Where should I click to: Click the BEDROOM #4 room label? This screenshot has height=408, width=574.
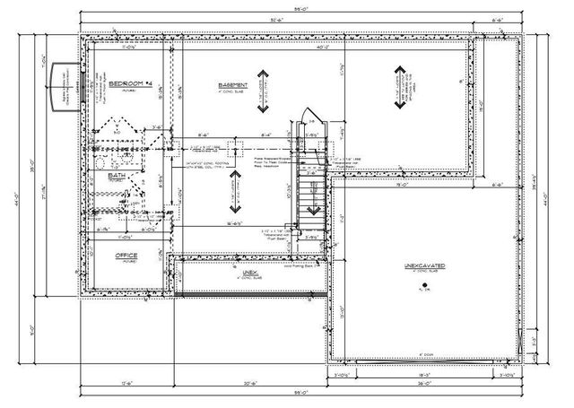tap(126, 82)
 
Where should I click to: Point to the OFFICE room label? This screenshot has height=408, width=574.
tap(126, 256)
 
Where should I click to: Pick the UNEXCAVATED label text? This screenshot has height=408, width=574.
tap(424, 267)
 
